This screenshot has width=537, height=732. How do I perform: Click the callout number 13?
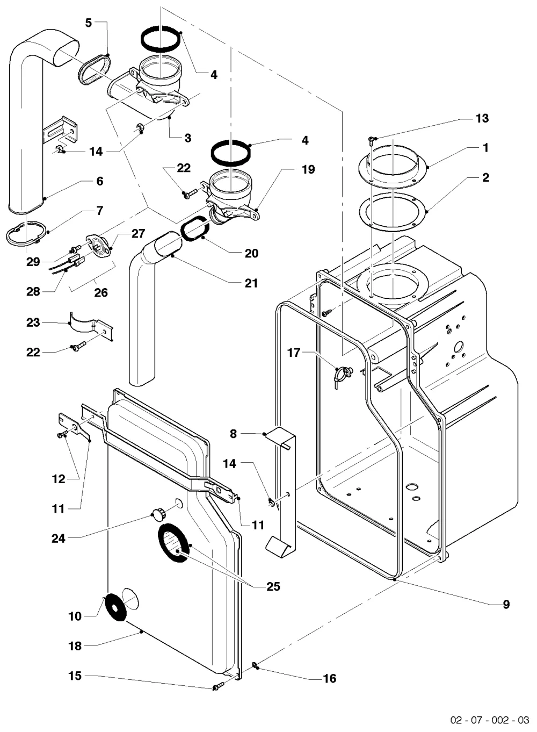pyautogui.click(x=482, y=118)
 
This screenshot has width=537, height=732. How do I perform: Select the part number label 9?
pyautogui.click(x=506, y=604)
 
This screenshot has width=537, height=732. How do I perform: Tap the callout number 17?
pyautogui.click(x=294, y=353)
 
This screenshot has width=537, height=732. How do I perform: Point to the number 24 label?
pyautogui.click(x=59, y=539)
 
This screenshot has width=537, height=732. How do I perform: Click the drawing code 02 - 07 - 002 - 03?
pyautogui.click(x=490, y=720)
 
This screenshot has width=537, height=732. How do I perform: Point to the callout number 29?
pyautogui.click(x=33, y=262)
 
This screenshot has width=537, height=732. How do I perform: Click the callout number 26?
pyautogui.click(x=101, y=292)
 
